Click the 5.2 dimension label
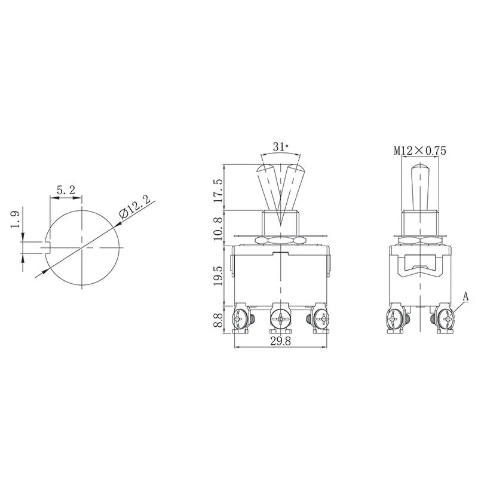pyautogui.click(x=66, y=190)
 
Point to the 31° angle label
pyautogui.click(x=280, y=146)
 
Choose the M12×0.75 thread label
pyautogui.click(x=420, y=151)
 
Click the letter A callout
pyautogui.click(x=465, y=296)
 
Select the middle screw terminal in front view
pyautogui.click(x=280, y=320)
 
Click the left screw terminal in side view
pyautogui.click(x=394, y=320)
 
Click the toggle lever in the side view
pyautogui.click(x=420, y=185)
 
